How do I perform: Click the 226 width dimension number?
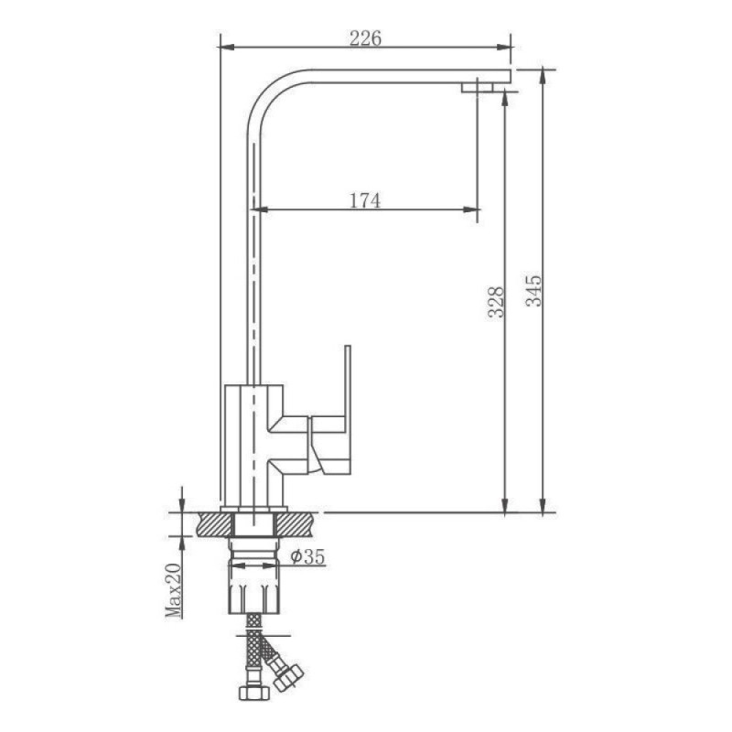pos(365,38)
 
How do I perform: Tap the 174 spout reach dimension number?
pos(364,200)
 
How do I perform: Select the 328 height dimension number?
pos(496,302)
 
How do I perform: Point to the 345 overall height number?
pos(533,290)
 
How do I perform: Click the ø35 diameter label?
pos(307,556)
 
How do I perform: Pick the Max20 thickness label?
pos(173,590)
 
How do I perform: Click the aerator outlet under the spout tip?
pos(477,87)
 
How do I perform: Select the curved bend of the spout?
pos(265,93)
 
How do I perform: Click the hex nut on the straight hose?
pos(254,693)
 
